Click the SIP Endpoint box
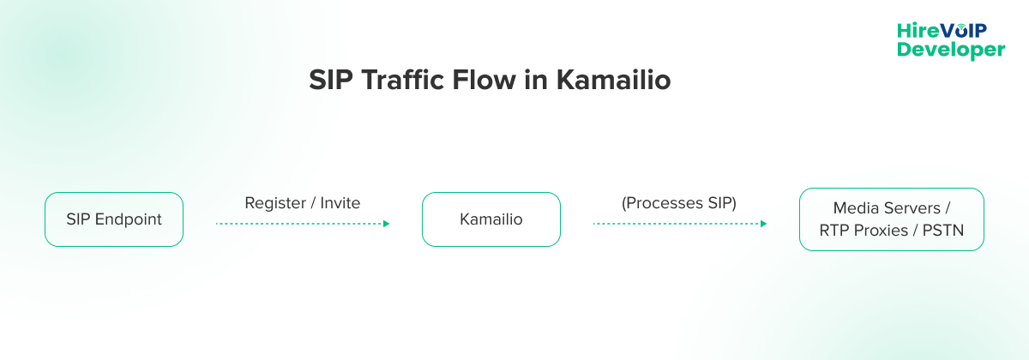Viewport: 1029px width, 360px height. coord(113,219)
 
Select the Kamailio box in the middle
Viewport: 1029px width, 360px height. coord(490,219)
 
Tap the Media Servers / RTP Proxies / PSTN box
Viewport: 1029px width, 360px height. coord(891,219)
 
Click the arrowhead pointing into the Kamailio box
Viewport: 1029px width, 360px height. coord(386,224)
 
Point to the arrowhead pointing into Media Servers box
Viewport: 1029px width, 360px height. coord(763,224)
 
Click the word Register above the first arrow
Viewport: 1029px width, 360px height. coord(274,203)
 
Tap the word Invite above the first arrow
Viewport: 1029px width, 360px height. coord(340,203)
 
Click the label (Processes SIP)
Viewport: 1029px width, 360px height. coord(678,203)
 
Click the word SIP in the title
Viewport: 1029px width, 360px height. coord(331,81)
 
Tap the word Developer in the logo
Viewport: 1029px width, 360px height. coord(951,51)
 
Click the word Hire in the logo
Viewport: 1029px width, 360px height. coord(914,30)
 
